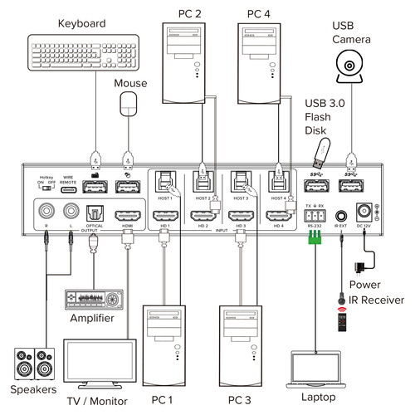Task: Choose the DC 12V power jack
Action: point(363,213)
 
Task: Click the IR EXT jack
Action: point(340,213)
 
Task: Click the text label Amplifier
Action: point(93,318)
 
